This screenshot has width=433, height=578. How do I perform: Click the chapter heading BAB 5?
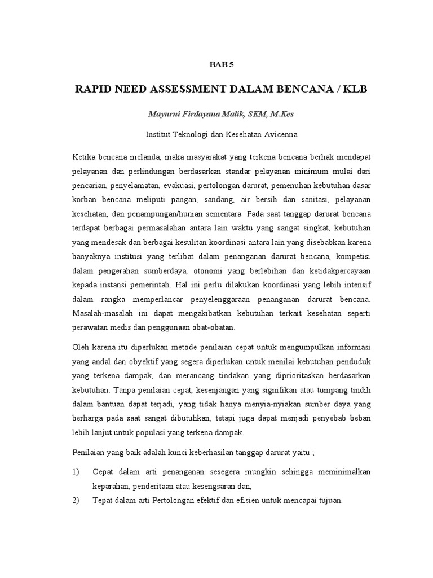[221, 64]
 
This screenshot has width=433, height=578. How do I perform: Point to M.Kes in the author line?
[279, 114]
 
